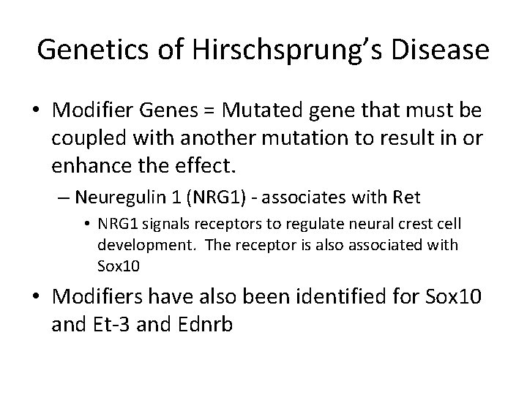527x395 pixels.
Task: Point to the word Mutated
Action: (x=254, y=111)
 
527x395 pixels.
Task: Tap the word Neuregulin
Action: (x=119, y=197)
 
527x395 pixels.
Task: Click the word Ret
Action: (x=367, y=197)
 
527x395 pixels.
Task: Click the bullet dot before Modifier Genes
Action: (x=33, y=112)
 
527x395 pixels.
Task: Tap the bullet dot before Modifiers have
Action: (x=33, y=299)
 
